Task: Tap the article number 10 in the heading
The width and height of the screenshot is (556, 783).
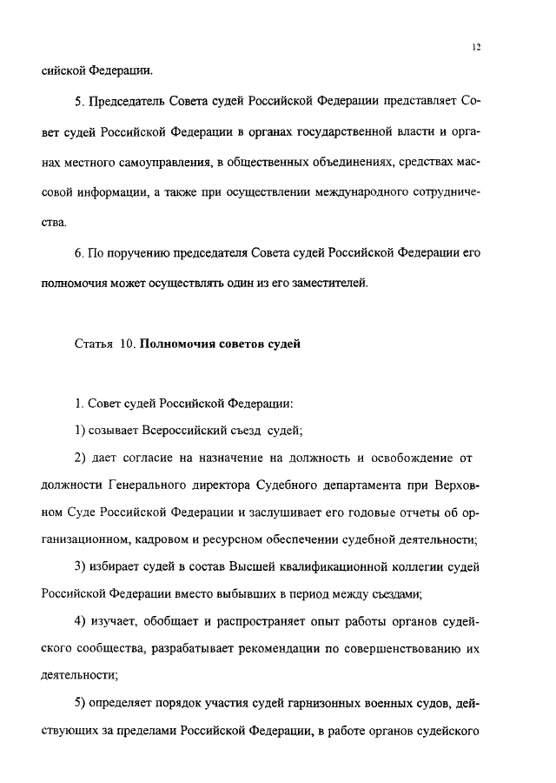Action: tap(126, 344)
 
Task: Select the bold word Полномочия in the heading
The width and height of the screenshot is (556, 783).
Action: tap(177, 344)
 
